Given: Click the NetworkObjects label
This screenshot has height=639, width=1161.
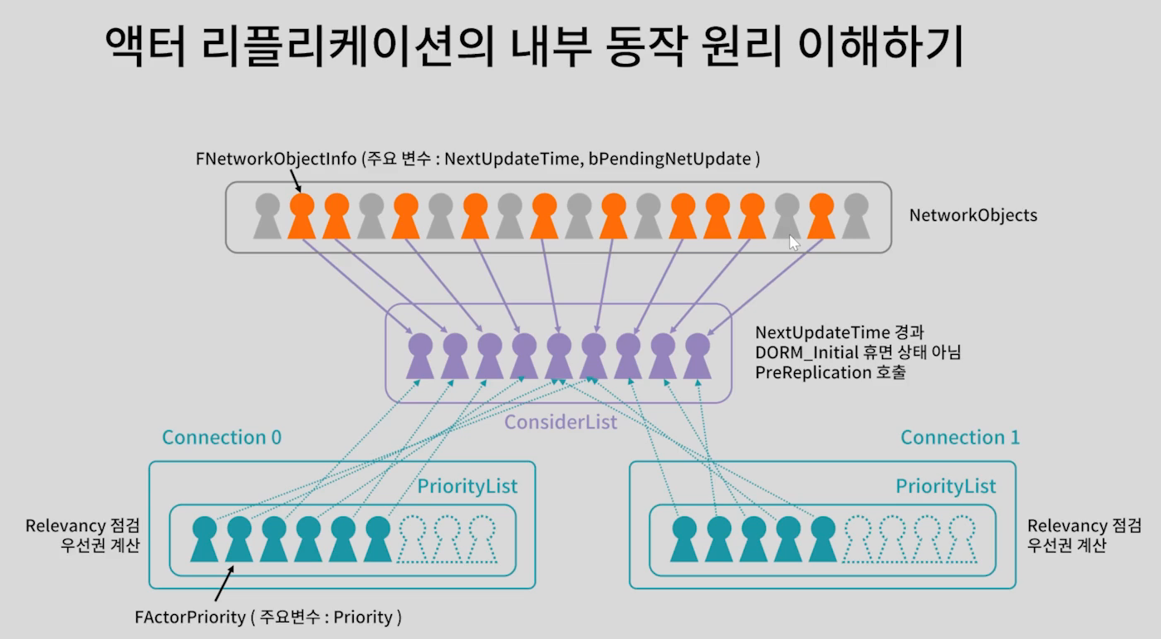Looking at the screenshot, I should point(972,215).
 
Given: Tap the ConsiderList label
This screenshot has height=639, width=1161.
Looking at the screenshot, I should point(561,422).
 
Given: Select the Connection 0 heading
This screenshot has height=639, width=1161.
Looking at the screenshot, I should point(222,437).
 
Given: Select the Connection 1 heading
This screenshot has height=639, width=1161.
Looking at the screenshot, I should point(960,437).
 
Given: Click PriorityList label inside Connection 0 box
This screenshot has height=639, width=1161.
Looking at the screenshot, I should point(467,486).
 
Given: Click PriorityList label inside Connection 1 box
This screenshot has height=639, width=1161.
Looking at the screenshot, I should point(946,486).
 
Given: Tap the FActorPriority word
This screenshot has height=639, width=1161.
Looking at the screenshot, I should point(189,617).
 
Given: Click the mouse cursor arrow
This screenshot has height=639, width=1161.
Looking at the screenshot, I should point(794,243).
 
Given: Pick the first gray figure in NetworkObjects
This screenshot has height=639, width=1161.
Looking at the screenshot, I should point(266,215).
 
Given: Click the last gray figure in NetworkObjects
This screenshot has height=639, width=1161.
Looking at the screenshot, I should point(855,215).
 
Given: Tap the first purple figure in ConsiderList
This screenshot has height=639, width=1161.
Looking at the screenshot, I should point(420,356).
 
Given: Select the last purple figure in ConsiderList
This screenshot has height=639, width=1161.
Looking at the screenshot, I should point(698,356).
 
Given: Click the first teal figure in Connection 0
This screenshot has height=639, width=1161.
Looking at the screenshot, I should point(204,538).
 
